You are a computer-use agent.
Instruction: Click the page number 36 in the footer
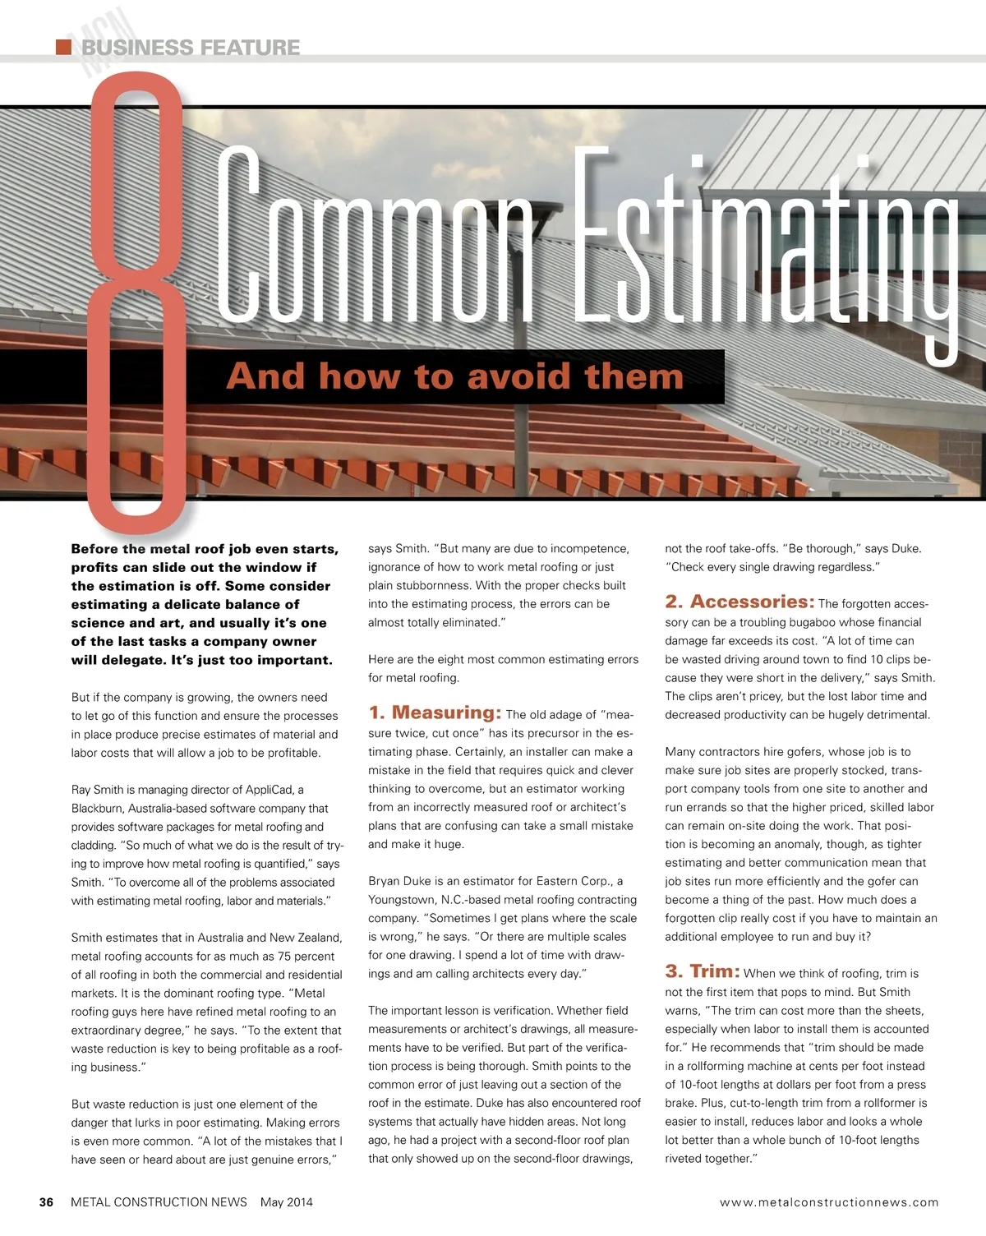(46, 1202)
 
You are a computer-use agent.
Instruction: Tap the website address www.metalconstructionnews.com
(828, 1202)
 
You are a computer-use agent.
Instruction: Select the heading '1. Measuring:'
(435, 713)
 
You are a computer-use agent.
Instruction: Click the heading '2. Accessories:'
(739, 602)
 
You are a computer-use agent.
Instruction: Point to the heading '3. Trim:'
(702, 971)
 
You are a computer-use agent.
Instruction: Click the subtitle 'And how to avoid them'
(454, 376)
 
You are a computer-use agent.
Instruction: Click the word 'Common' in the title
(374, 238)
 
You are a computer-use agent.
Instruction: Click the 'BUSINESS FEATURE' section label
(191, 48)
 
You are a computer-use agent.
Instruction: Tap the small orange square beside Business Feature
(63, 47)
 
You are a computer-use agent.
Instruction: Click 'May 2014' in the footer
(286, 1202)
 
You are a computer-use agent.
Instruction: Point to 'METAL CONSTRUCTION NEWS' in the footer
(159, 1202)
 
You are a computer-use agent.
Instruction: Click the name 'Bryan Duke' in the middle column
(399, 881)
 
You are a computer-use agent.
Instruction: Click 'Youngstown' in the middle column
(403, 900)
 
